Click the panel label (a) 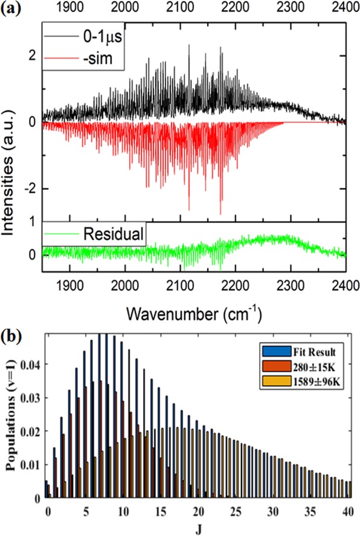[11, 10]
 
